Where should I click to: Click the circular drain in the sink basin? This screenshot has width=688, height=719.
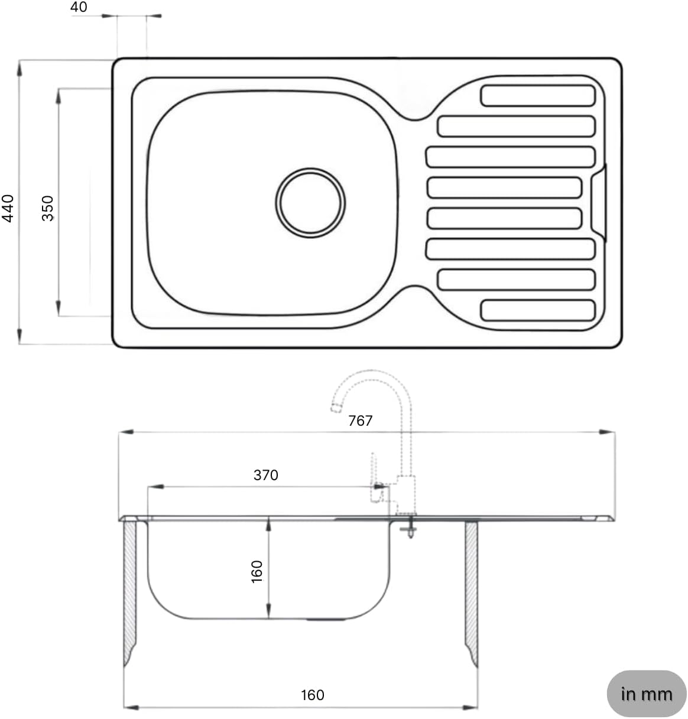pos(311,202)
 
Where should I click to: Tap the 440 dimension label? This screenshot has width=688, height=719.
pos(8,208)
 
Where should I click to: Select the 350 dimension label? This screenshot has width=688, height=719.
pos(48,208)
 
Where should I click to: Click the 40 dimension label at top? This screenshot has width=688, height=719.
pos(79,7)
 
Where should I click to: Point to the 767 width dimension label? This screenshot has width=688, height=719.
pos(360,420)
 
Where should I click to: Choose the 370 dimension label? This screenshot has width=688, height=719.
pos(265,475)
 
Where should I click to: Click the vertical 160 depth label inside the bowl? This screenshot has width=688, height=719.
pos(257,572)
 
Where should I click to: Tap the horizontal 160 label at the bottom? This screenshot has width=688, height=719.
pos(312,695)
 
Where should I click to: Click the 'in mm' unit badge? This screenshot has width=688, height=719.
pos(646,694)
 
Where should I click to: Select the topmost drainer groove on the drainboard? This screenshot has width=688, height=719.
pos(538,96)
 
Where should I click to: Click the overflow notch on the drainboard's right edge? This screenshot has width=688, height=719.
pos(599,203)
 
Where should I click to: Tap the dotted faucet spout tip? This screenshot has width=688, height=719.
pos(336,406)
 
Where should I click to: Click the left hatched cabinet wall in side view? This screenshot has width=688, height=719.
pos(129,591)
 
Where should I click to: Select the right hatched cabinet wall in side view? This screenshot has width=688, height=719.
pos(471,591)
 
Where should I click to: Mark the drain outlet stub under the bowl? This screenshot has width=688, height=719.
pos(327,621)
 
